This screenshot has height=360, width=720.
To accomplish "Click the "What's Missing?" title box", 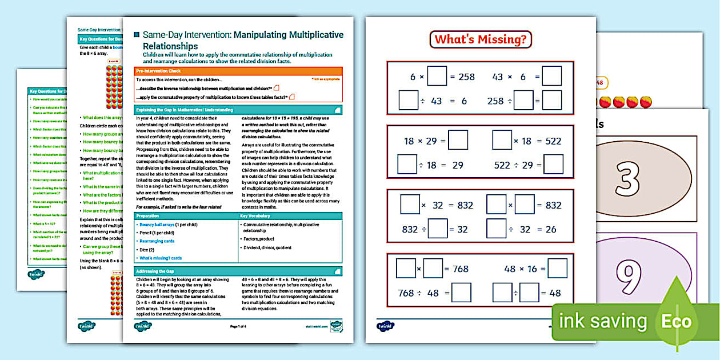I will pos(480,39).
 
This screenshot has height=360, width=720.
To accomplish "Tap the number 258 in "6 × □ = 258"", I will pos(466,77).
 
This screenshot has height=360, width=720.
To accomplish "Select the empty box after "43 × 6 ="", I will pos(551,76).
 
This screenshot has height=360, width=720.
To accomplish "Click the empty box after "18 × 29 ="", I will pos(458,141).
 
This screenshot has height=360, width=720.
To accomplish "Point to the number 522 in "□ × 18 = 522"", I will pos(553,141).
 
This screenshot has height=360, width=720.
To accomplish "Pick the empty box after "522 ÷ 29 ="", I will pos(553,165).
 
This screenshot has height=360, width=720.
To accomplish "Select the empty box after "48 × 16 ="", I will pos(557,269).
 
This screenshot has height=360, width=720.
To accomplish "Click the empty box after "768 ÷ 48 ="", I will pos(461,293).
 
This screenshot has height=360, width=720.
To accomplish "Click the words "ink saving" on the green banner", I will pos(603,322).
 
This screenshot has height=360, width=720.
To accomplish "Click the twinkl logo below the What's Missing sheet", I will pos(386,327).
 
